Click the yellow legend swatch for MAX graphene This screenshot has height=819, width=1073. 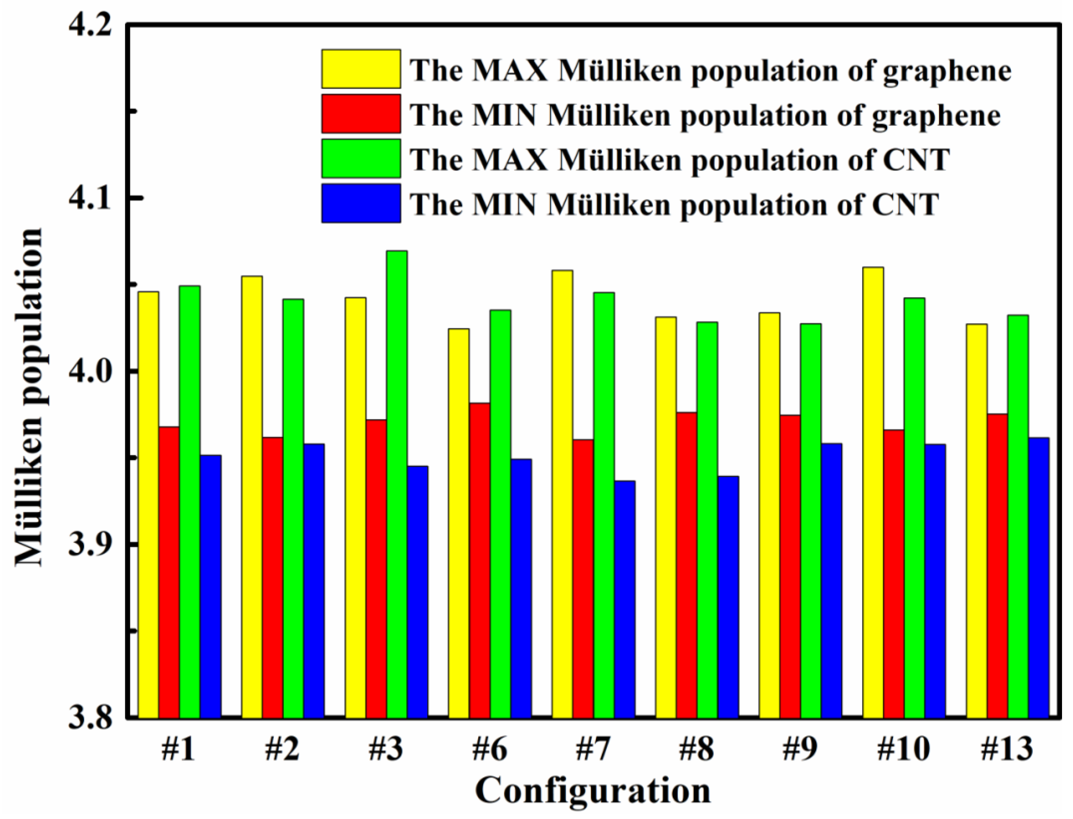click(x=361, y=69)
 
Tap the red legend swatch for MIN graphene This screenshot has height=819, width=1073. click(x=361, y=114)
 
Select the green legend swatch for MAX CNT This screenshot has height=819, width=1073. click(x=361, y=158)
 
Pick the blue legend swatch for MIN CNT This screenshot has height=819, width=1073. click(x=361, y=203)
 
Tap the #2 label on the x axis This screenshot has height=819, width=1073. click(x=283, y=749)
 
